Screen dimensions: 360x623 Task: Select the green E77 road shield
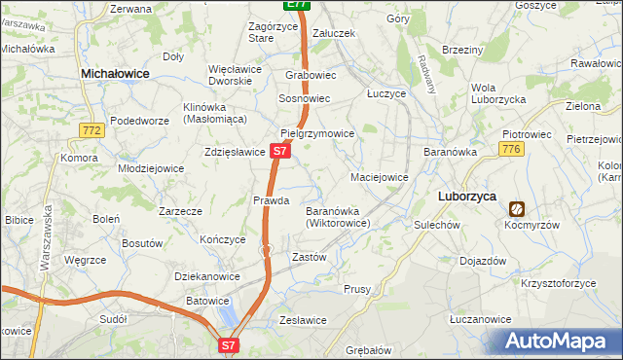299,5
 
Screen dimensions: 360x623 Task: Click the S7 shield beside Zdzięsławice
279,152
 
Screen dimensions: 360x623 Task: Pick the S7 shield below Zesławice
228,344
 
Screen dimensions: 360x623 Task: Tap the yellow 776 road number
511,148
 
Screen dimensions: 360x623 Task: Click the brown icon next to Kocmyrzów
516,208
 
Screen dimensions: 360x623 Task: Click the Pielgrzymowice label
316,133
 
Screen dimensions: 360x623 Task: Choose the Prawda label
272,200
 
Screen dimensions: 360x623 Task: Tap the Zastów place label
309,257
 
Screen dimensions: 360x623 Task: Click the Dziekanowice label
206,276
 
